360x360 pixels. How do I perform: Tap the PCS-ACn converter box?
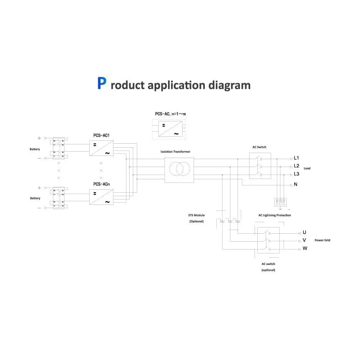tap(102, 197)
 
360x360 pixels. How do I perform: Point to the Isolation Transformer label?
tap(175, 152)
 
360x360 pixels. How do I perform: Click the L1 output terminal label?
tap(297, 158)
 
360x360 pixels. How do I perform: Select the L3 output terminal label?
tap(297, 174)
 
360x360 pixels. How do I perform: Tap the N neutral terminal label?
tap(296, 184)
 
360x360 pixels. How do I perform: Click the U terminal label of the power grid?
tap(304, 232)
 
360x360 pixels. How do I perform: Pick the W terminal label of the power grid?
tap(305, 248)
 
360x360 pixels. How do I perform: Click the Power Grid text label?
tap(322, 240)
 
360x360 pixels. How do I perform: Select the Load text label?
tap(307, 168)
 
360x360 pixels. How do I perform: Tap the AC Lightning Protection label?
tap(275, 215)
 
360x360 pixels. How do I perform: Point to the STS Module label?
tap(197, 215)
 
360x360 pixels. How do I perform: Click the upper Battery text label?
tap(35, 149)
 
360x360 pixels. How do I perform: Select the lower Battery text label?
tap(35, 198)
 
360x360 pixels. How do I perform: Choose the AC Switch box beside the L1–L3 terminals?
tap(260, 166)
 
